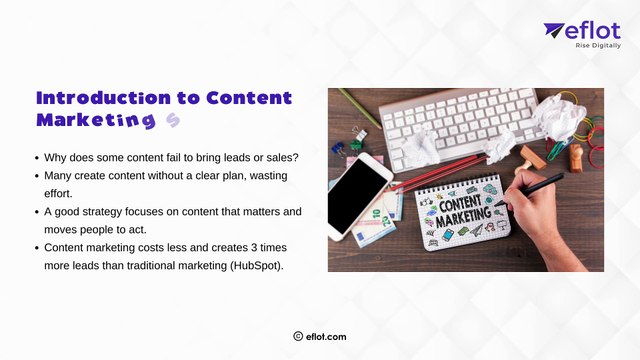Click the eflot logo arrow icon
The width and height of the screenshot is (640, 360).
(554, 31)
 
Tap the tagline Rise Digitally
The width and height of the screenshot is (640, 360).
(596, 45)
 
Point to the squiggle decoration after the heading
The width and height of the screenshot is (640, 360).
(173, 121)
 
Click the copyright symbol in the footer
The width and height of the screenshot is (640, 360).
(298, 337)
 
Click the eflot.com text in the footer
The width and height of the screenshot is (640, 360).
(327, 337)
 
